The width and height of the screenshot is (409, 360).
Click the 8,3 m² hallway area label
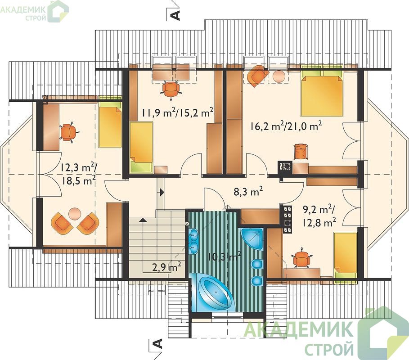[247, 192]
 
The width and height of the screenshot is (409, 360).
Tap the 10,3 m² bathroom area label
[225, 256]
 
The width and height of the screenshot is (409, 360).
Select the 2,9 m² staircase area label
[166, 267]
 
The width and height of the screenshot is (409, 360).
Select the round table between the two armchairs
[75, 213]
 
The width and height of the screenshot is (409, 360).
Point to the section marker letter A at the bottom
[158, 344]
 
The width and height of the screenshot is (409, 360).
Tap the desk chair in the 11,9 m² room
[171, 89]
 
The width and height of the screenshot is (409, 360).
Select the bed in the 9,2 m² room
[346, 256]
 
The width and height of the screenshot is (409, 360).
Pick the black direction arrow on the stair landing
[162, 193]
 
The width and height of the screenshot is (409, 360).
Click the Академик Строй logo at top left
[34, 11]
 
